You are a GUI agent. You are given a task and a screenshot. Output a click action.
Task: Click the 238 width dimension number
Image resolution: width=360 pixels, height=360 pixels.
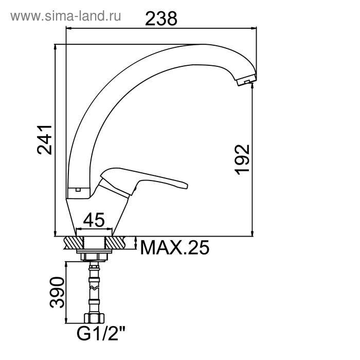click(161, 19)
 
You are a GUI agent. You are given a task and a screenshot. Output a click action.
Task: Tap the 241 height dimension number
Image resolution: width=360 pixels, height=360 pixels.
click(45, 140)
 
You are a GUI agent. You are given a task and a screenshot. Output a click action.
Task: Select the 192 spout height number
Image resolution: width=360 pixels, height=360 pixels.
click(242, 159)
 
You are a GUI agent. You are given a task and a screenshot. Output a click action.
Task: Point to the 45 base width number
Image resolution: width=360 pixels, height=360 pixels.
click(94, 220)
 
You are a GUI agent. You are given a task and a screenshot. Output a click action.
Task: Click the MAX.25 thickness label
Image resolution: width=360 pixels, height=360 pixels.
click(174, 247)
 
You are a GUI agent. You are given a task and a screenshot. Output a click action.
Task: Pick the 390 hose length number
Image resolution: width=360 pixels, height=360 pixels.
click(57, 292)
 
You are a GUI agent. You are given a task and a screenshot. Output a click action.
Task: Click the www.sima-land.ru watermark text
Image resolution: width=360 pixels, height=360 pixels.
click(66, 16)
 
